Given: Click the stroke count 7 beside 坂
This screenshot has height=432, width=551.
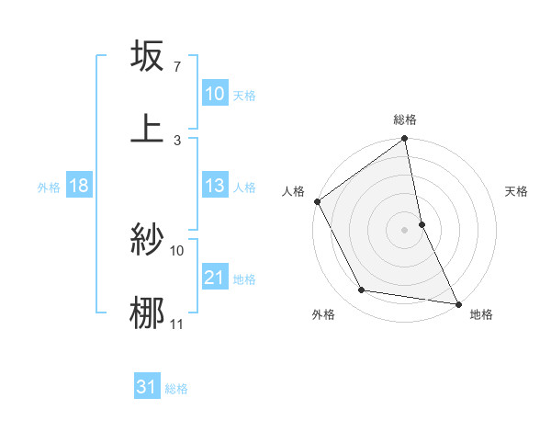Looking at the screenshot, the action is [x=176, y=68].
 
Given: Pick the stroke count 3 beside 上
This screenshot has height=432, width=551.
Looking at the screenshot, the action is [x=176, y=140].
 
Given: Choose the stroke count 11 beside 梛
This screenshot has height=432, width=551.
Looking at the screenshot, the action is [x=176, y=324].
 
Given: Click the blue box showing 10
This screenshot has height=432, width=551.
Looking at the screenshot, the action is [x=214, y=94].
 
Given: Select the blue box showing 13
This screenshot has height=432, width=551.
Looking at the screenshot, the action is [x=214, y=186].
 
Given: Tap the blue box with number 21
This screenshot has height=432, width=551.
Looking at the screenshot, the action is [x=214, y=278].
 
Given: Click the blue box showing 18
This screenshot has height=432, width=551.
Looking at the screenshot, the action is [x=79, y=186].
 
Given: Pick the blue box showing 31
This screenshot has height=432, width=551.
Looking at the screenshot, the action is [x=147, y=387].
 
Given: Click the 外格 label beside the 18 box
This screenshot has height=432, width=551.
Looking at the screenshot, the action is [x=49, y=187].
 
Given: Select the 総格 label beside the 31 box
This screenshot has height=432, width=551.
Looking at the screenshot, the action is [x=176, y=388].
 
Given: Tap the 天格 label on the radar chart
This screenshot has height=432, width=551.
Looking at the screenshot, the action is [x=517, y=191].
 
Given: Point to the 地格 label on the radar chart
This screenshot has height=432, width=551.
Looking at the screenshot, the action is [x=481, y=314].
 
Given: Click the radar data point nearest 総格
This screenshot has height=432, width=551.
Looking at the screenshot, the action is [x=405, y=140].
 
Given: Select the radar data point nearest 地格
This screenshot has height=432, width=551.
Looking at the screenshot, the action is [x=457, y=303].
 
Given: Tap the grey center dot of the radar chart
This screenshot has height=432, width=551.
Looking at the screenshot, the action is [x=405, y=229].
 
